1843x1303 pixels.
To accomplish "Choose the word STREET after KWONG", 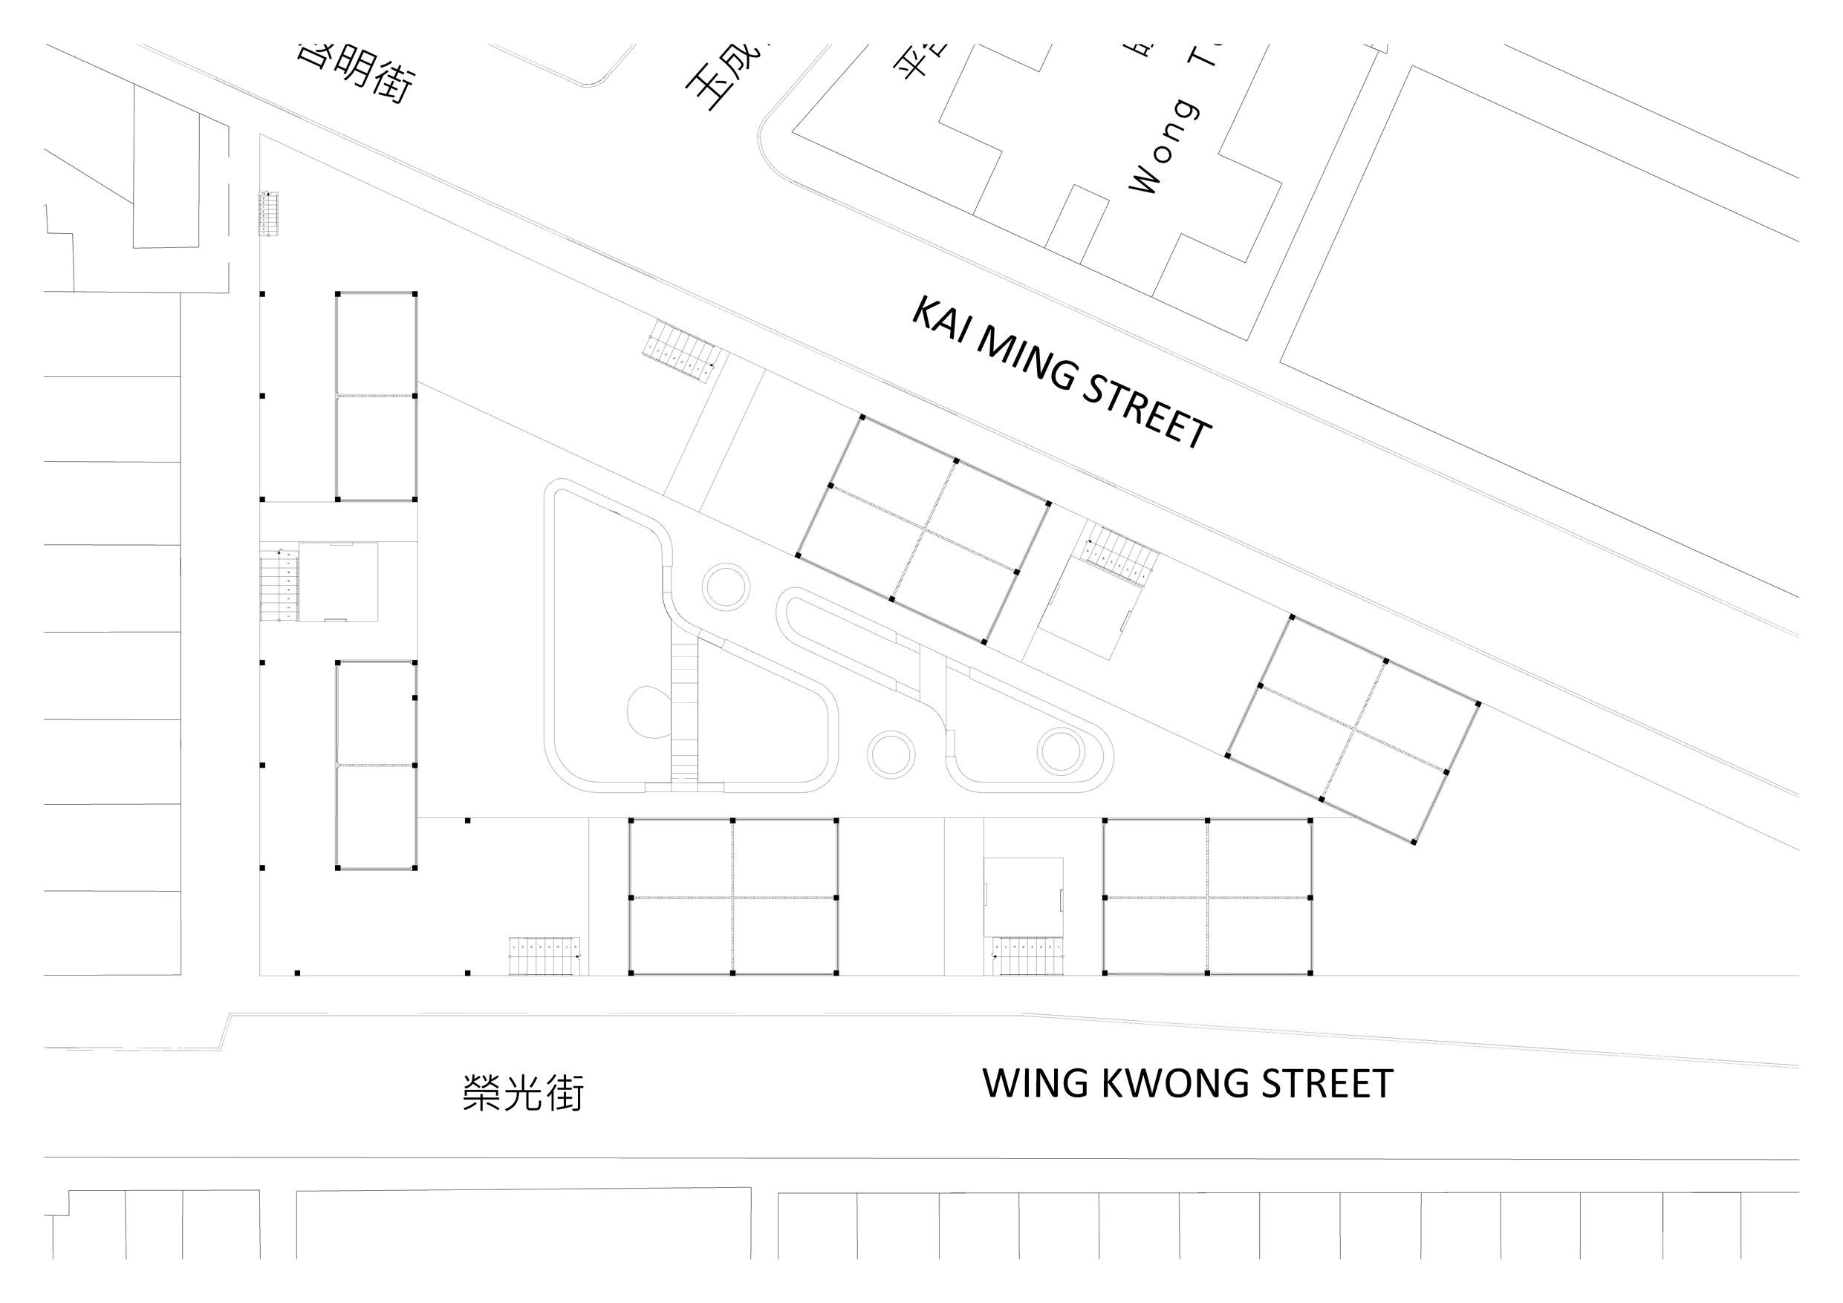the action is coord(1327,1085).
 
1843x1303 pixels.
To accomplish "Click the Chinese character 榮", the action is coord(482,1093).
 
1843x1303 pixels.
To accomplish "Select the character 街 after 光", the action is coord(565,1093).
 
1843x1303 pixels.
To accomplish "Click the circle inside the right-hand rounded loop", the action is coord(1060,750).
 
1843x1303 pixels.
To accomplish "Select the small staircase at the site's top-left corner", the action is coord(268,213).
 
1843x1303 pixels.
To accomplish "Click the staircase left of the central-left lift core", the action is coord(279,584).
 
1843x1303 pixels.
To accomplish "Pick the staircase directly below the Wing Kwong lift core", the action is coord(1027,956).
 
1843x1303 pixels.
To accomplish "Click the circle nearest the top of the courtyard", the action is coord(727,587).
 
